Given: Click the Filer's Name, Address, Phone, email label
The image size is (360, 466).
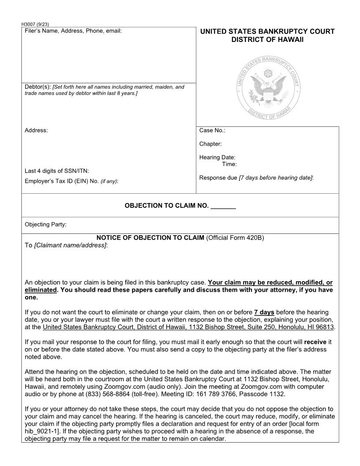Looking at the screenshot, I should [73, 31].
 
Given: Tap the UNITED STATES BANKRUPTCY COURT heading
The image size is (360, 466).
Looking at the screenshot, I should [267, 31].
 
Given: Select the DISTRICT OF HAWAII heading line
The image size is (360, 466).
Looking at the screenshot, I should [267, 40].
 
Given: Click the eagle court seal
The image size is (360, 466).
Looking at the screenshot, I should [267, 89].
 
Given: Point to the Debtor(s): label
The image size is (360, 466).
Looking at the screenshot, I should [37, 87].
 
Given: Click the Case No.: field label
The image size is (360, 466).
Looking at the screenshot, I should [212, 130].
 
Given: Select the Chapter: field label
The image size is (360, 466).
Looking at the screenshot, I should [210, 144].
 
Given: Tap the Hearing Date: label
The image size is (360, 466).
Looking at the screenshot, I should [217, 158].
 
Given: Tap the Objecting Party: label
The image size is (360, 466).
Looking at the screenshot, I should [45, 225].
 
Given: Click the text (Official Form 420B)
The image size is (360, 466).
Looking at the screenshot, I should [235, 238].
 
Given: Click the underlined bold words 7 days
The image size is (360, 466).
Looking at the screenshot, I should [264, 312].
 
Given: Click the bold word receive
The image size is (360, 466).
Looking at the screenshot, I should [315, 342].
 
